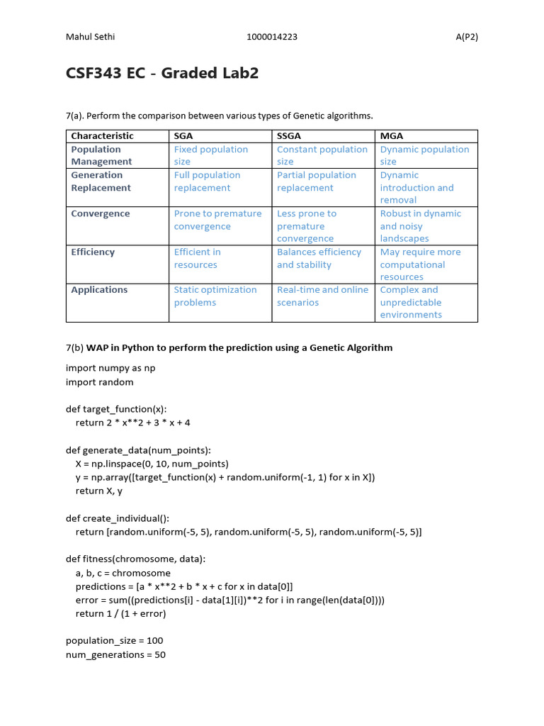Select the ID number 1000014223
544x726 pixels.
coord(272,38)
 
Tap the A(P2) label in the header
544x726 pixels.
coord(466,38)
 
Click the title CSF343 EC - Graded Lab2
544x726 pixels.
coord(162,74)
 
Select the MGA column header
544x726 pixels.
coord(392,136)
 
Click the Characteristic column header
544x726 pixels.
coord(102,136)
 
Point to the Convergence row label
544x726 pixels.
coord(101,213)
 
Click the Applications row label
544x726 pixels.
coord(99,290)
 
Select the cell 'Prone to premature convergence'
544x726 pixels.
coord(217,220)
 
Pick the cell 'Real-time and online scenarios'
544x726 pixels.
coord(322,296)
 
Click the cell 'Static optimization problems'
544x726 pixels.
coord(215,296)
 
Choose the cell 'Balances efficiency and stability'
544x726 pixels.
coord(319,258)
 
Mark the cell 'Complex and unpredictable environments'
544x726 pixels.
coord(411,302)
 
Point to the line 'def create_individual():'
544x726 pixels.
coord(118,518)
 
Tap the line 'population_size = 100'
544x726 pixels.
coord(114,641)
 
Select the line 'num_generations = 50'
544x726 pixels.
coord(115,655)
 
